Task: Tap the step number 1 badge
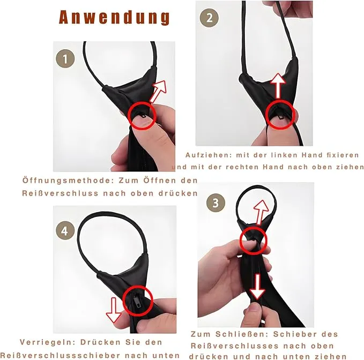pyautogui.click(x=65, y=58)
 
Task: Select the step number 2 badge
pyautogui.click(x=209, y=18)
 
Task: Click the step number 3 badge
pyautogui.click(x=216, y=202)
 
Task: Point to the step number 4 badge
pyautogui.click(x=65, y=231)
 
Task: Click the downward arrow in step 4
pyautogui.click(x=114, y=311)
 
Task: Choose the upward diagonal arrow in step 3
pyautogui.click(x=261, y=210)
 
